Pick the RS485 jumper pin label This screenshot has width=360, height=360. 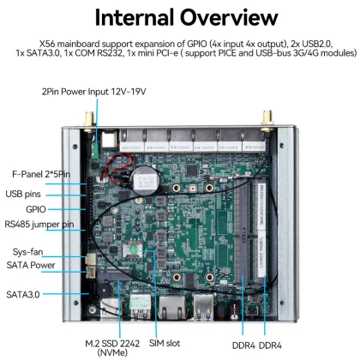(x=39, y=225)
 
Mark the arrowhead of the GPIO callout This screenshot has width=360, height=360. (x=89, y=208)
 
